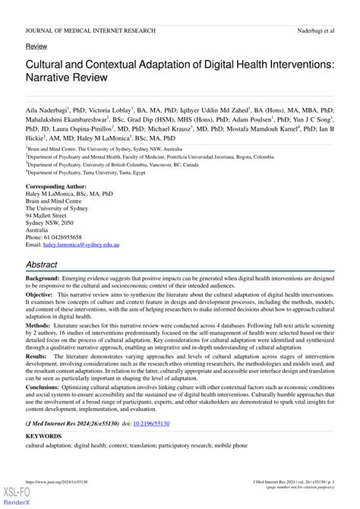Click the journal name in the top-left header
coord(90,30)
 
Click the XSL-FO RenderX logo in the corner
coord(12,497)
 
